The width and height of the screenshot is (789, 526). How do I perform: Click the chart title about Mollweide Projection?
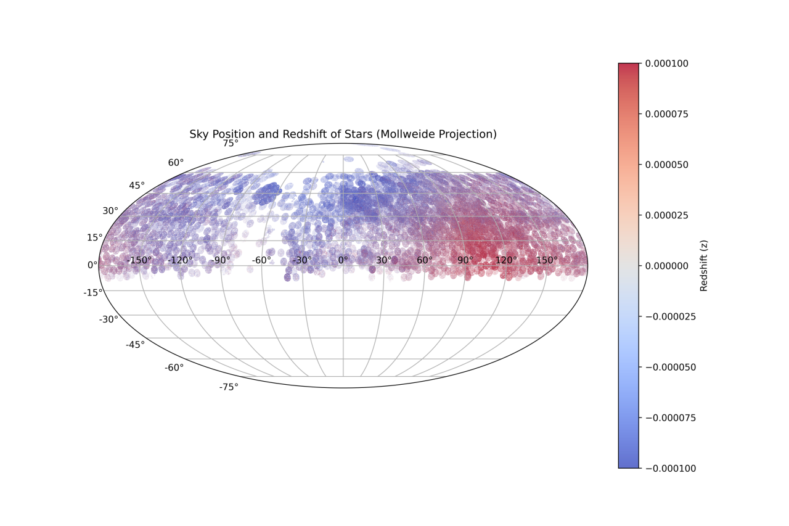pos(343,134)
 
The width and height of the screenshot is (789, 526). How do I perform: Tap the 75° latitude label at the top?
pos(231,144)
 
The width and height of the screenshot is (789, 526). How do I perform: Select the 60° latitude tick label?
pos(176,163)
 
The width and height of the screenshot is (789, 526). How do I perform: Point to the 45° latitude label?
pos(137,186)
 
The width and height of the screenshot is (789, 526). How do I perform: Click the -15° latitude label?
pos(93,293)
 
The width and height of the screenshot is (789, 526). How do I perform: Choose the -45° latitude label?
pos(135,345)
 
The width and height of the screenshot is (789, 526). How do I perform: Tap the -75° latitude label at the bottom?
pos(229,387)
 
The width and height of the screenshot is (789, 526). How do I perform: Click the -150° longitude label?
pos(139,260)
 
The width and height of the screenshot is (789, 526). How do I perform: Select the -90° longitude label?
pos(221,260)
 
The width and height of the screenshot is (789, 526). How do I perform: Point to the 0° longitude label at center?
pos(343,260)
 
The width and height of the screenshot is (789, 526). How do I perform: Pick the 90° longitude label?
pos(465,260)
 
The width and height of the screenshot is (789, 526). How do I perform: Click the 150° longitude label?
pos(547,260)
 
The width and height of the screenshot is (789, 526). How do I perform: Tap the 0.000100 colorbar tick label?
pos(666,64)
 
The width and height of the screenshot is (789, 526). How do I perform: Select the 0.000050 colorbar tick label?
pos(666,165)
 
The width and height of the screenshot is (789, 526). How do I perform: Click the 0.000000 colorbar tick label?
pos(666,266)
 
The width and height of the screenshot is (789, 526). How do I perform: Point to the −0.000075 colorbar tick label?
pos(671,418)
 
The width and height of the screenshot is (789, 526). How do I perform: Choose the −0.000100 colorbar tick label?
pos(671,469)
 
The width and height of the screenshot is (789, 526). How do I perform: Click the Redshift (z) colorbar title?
pos(704,266)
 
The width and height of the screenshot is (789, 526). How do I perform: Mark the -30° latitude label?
pos(108,319)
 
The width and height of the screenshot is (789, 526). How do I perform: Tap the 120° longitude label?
pos(506,260)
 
